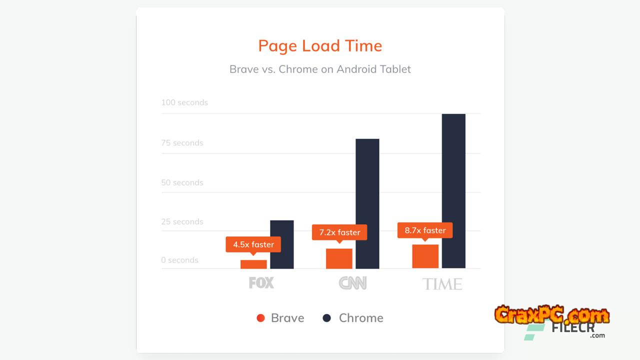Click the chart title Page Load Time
coord(320,46)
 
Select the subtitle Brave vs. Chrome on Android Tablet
coord(320,69)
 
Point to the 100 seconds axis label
coord(184,102)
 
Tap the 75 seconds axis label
coord(182,143)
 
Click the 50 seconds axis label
coord(182,182)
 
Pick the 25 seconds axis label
coord(182,221)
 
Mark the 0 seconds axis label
coord(179,260)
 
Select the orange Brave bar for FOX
coord(253,264)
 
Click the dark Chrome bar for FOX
coord(282,244)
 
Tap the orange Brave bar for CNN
coord(339,258)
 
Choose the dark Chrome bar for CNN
coord(367,203)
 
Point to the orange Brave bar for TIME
coord(425,256)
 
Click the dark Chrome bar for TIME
coord(453,191)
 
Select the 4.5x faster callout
coord(253,244)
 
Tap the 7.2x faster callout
coord(339,232)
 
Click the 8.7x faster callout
coord(425,230)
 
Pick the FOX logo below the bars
coord(261,283)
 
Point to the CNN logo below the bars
coord(352,283)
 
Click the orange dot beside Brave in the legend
coord(260,318)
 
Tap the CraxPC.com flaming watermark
coord(552,314)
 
